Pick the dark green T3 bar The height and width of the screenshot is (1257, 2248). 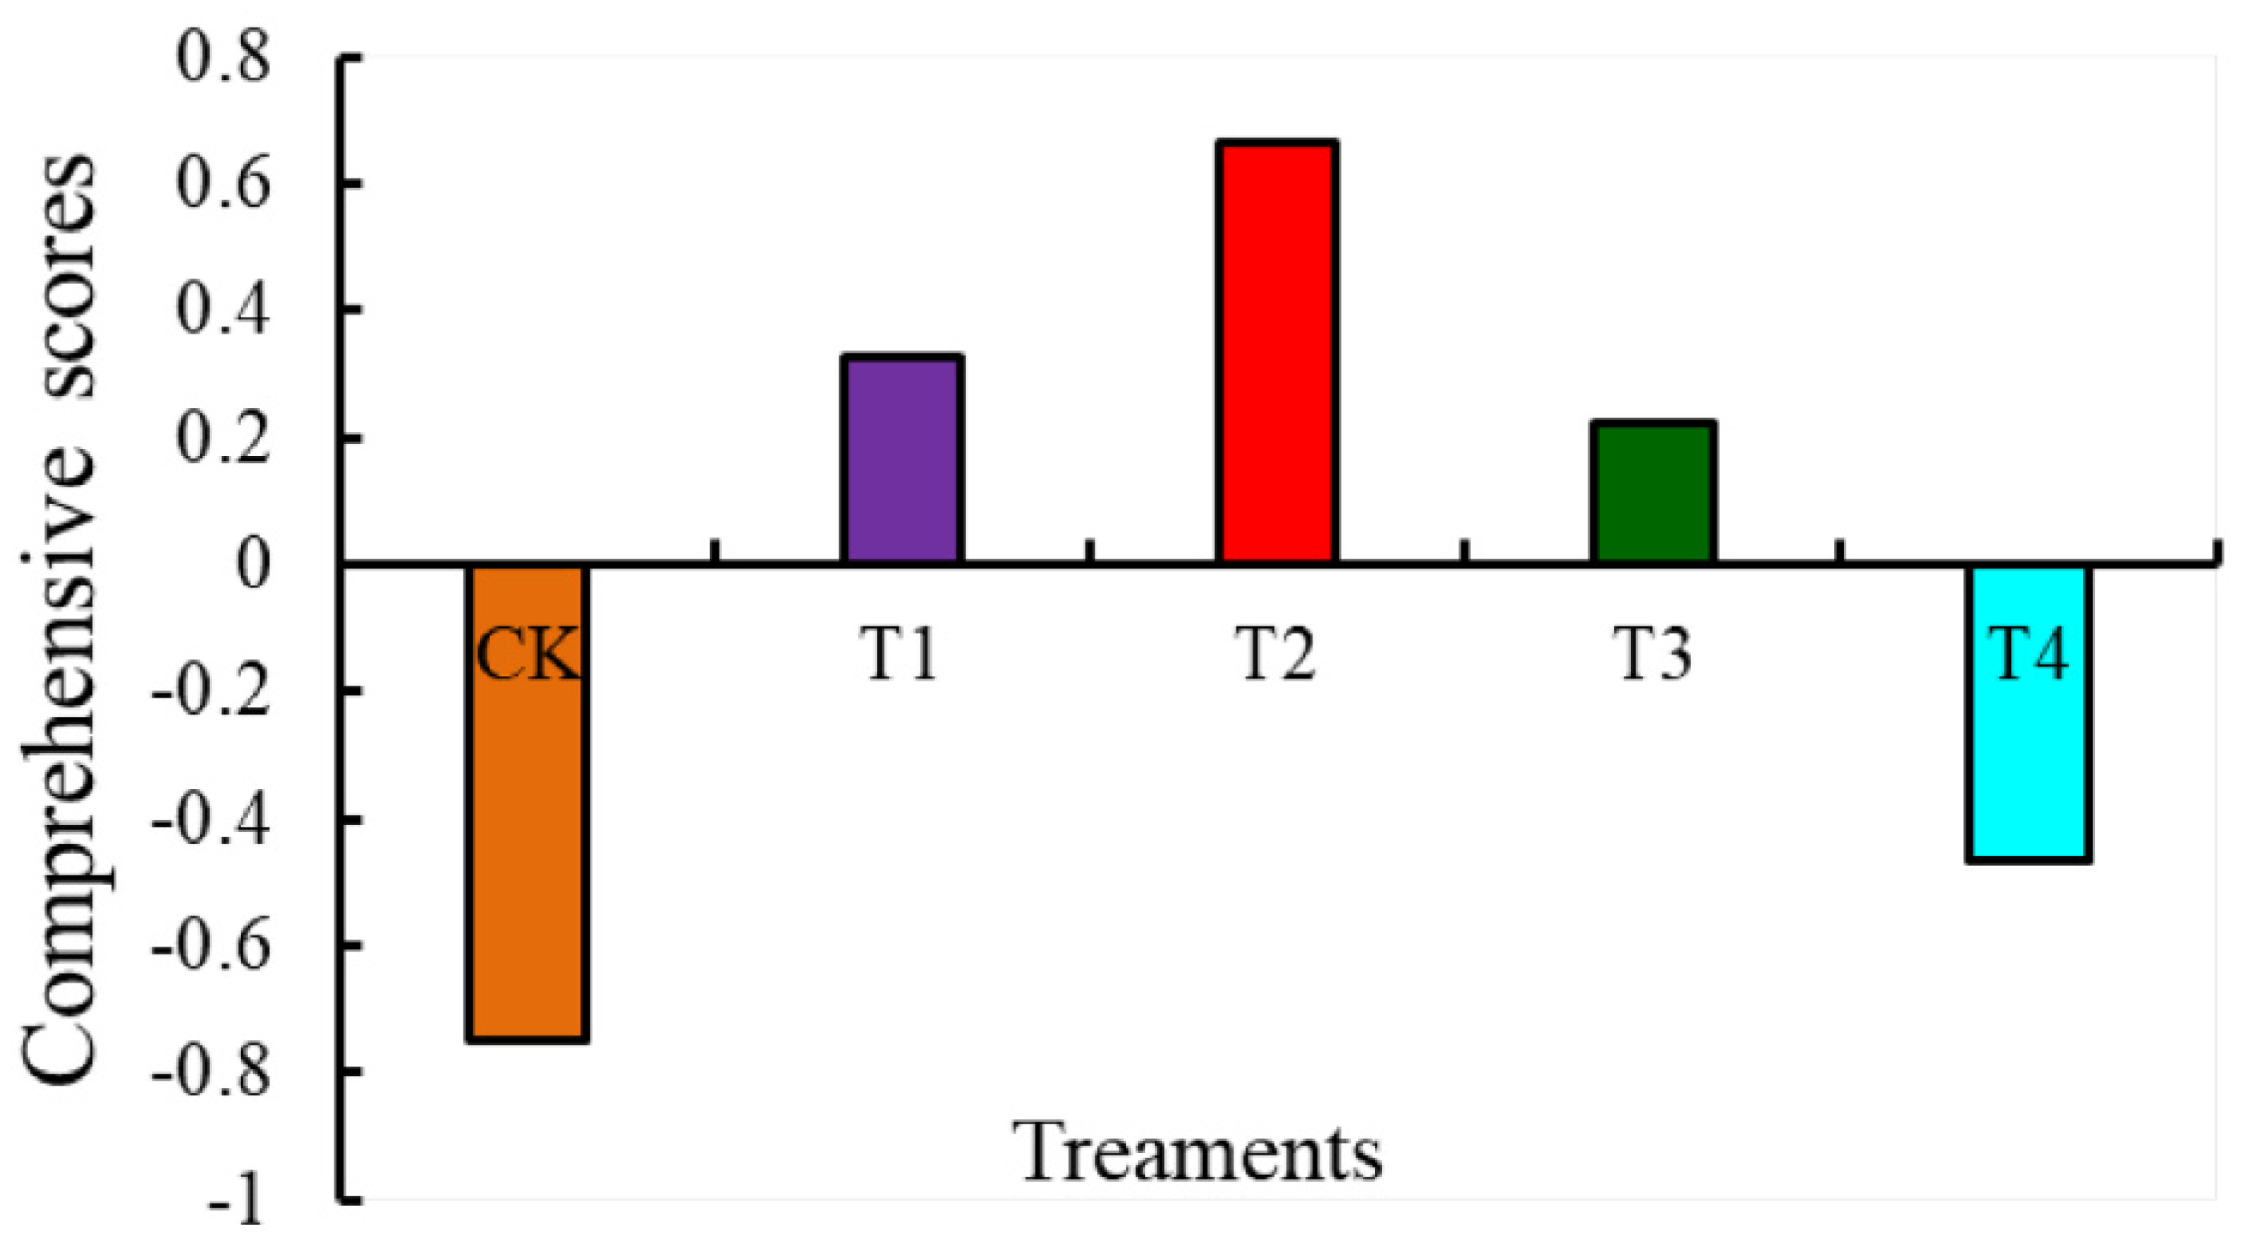pyautogui.click(x=1652, y=492)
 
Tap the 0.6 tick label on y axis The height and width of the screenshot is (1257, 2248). pyautogui.click(x=222, y=184)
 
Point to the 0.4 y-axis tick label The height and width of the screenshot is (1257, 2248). pyautogui.click(x=222, y=310)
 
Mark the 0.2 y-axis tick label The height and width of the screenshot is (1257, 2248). pyautogui.click(x=222, y=438)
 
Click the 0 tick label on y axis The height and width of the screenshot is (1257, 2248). pyautogui.click(x=253, y=565)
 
